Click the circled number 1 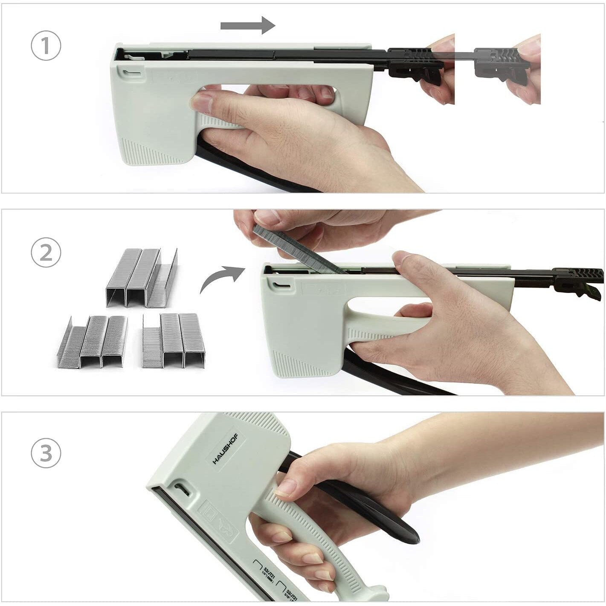pos(46,46)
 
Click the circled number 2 pos(46,253)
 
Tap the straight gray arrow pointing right pos(248,26)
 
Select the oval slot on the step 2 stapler pos(280,285)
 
